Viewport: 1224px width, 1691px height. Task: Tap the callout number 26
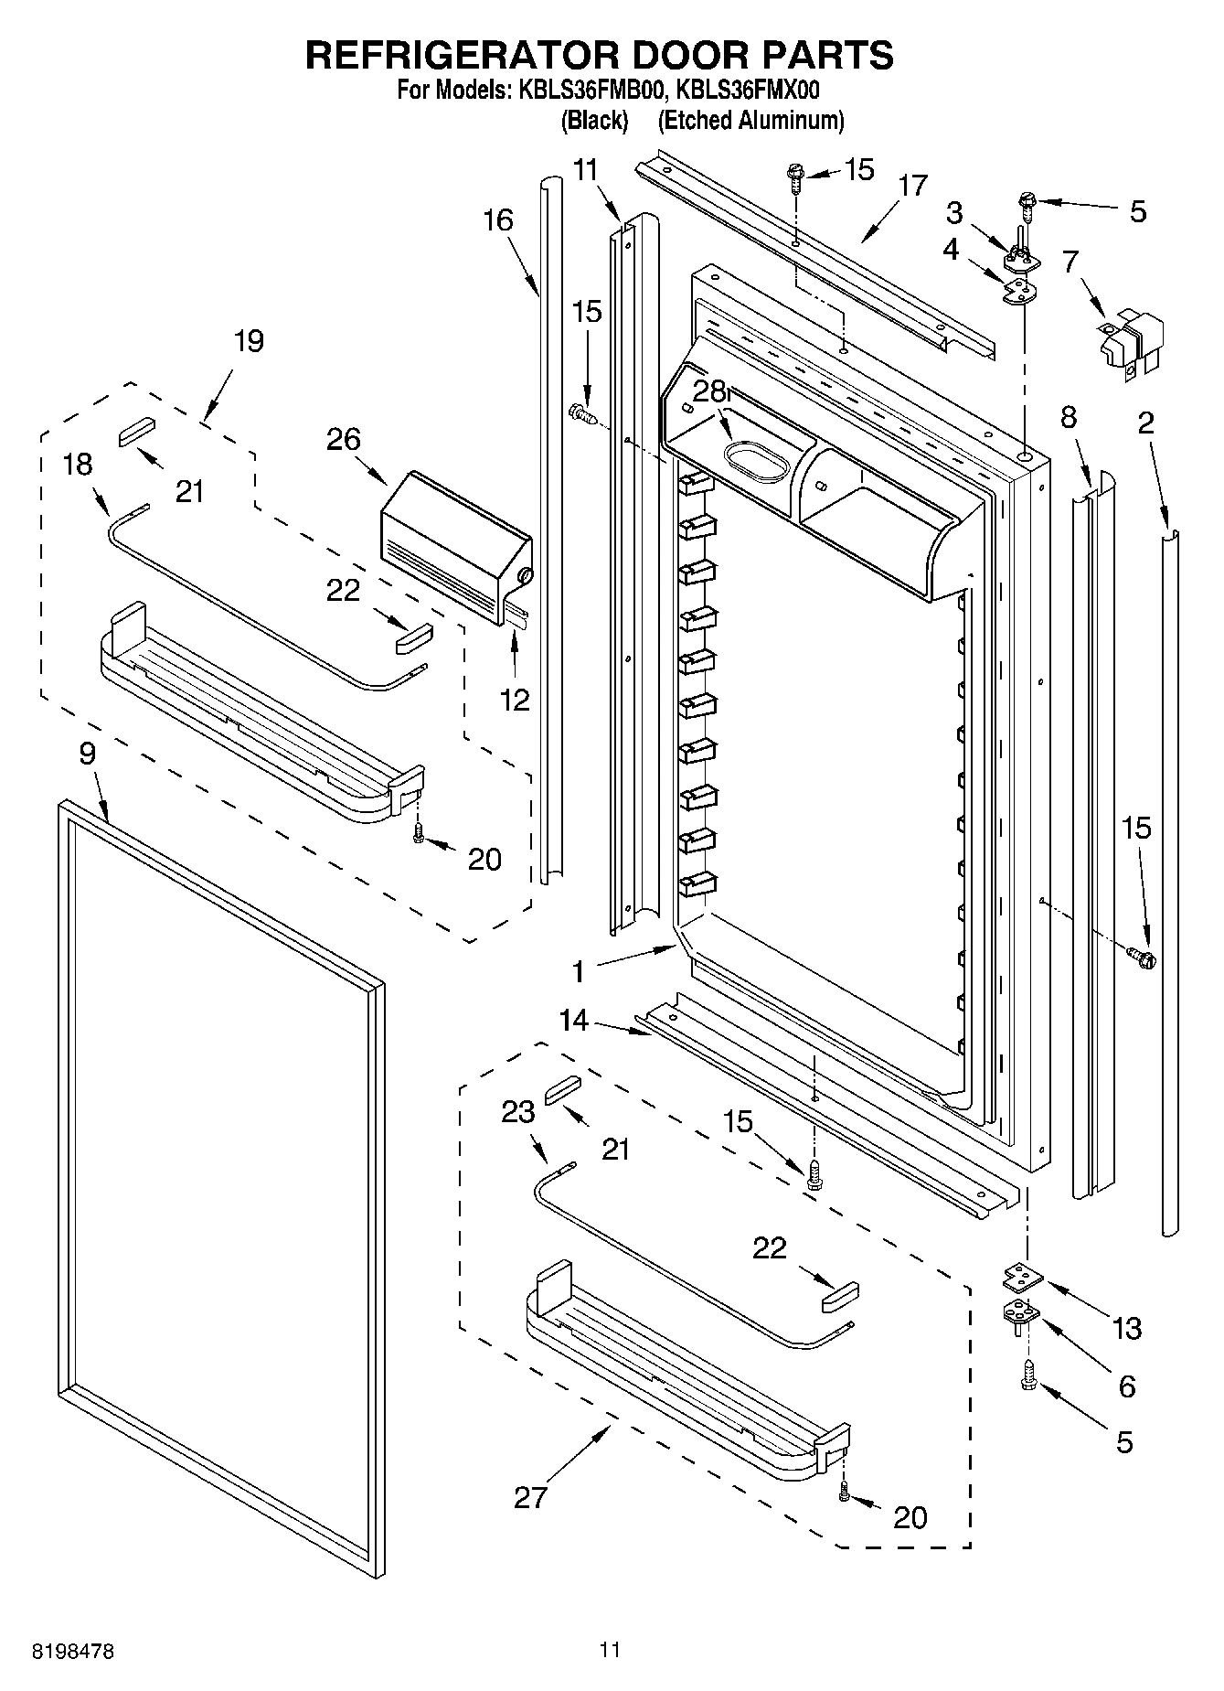click(344, 440)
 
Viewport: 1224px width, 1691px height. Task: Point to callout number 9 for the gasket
click(87, 754)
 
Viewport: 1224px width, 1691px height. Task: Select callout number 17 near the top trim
click(912, 186)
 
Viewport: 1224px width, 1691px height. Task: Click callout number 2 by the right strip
click(1145, 422)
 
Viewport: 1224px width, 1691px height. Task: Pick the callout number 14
click(574, 1019)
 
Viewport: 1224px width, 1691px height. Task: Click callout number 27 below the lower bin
click(530, 1497)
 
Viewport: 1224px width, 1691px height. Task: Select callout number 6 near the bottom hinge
click(1127, 1386)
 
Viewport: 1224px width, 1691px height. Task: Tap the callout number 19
click(248, 341)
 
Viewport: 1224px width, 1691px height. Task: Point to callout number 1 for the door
click(578, 971)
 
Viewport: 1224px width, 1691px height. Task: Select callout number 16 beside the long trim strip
click(498, 219)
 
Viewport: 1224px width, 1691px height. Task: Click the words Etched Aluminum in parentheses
click(750, 120)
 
